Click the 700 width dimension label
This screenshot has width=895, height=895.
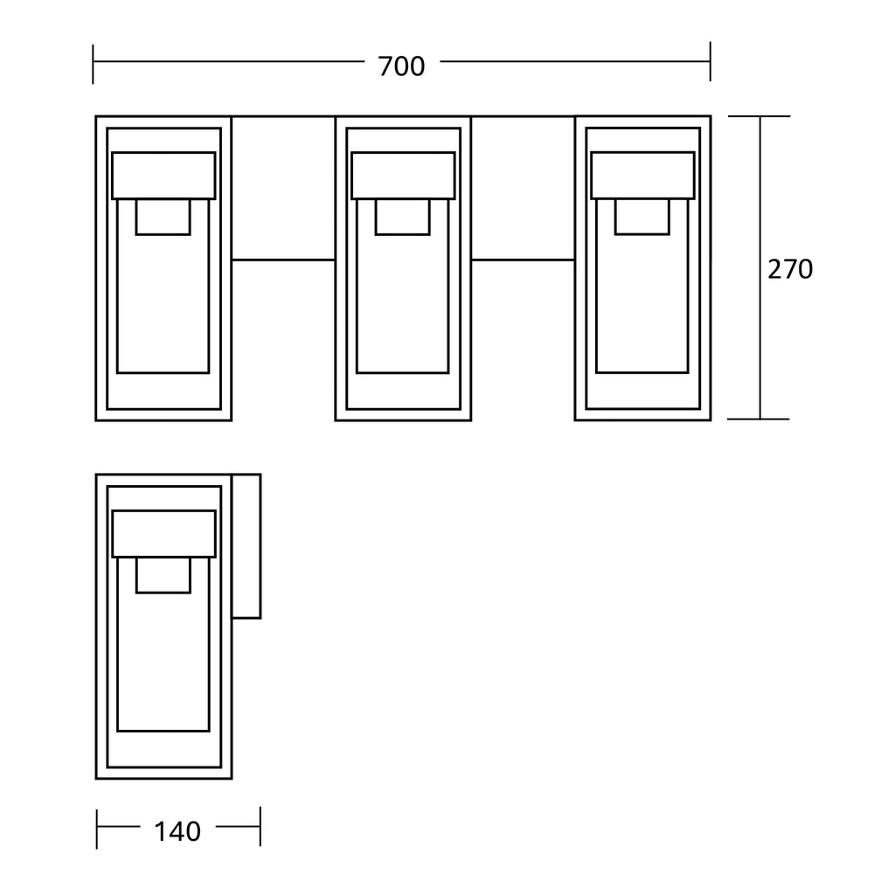[401, 66]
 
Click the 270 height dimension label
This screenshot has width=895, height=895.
[790, 269]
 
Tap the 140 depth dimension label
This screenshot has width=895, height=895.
[177, 832]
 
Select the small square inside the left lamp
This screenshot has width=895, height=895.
[163, 217]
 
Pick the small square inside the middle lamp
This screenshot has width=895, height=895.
[403, 217]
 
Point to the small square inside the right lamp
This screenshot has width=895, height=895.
[642, 217]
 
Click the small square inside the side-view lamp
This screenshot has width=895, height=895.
[163, 575]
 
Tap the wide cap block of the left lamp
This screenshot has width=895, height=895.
[163, 176]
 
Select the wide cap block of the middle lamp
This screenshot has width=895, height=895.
[403, 176]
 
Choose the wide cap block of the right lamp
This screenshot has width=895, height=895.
[642, 176]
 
